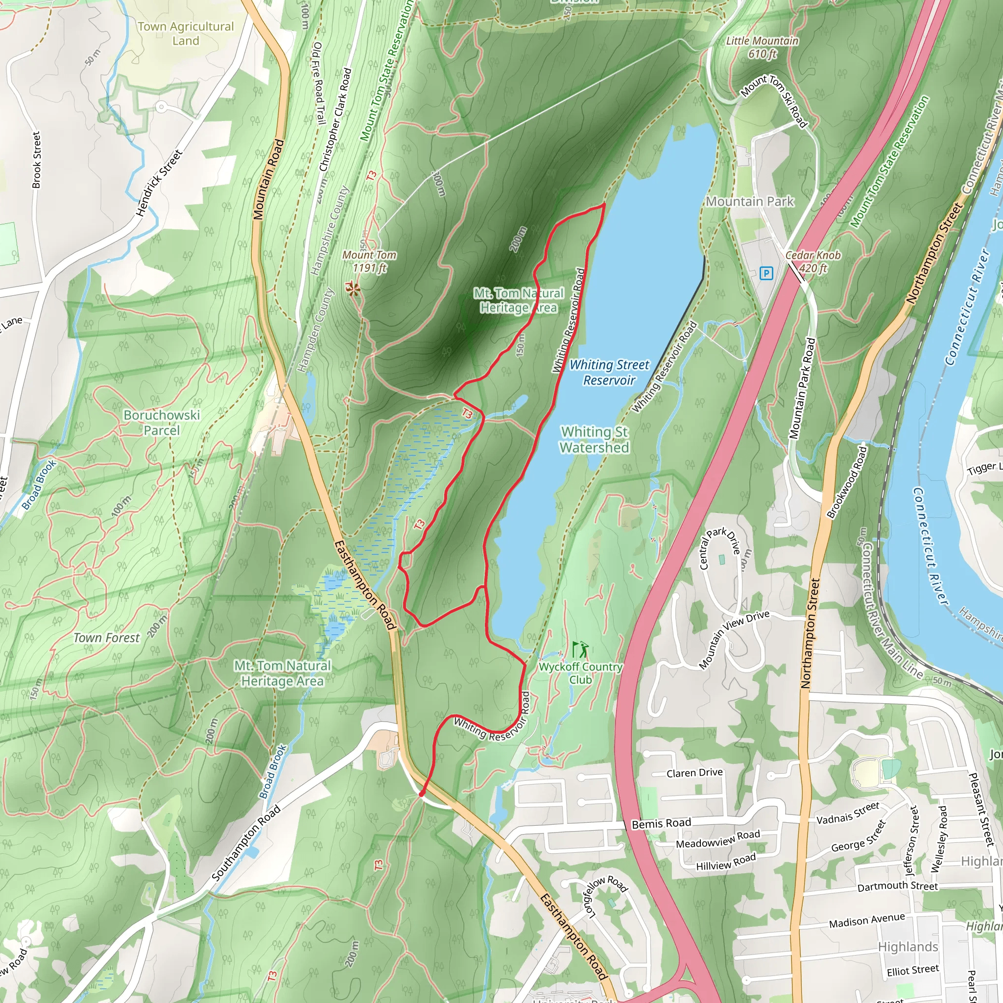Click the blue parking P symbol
click(766, 273)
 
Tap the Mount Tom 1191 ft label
click(369, 261)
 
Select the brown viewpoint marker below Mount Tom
click(353, 289)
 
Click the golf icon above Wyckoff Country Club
click(580, 649)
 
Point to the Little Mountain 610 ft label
click(762, 47)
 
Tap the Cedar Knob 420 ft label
click(812, 261)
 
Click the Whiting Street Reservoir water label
click(609, 372)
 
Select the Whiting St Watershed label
click(595, 439)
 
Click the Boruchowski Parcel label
click(162, 422)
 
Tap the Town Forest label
click(106, 638)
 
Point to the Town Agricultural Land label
click(185, 33)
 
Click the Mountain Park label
click(750, 201)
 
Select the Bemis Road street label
click(661, 823)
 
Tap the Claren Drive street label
click(694, 772)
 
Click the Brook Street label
click(36, 159)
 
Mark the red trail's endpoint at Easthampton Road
click(422, 794)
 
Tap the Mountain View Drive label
click(734, 640)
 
